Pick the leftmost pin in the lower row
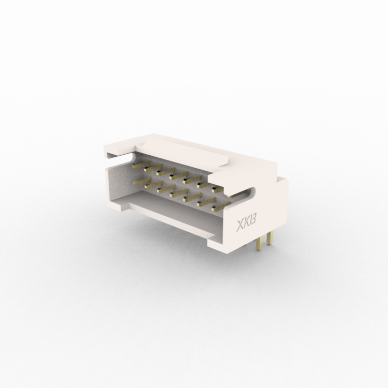(142, 181)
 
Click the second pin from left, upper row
(154, 168)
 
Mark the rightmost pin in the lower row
(221, 206)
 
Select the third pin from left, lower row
(166, 188)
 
